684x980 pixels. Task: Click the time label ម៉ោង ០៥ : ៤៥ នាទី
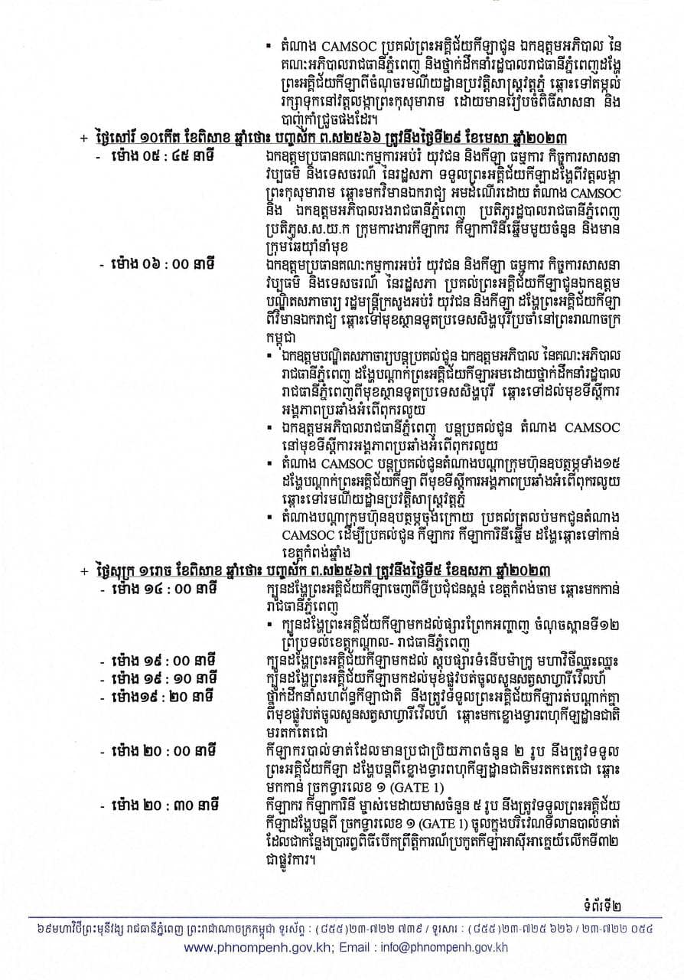pyautogui.click(x=164, y=153)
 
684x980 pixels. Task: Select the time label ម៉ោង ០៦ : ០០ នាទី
pyautogui.click(x=164, y=263)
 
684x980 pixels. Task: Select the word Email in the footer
pyautogui.click(x=340, y=946)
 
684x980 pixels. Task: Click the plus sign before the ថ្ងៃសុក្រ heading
pyautogui.click(x=82, y=571)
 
